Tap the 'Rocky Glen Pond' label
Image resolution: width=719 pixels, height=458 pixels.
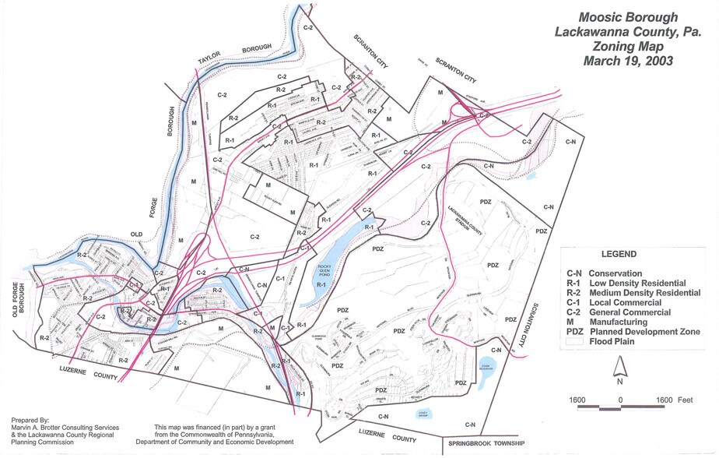click(325, 273)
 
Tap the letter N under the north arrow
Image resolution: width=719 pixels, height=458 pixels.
click(619, 382)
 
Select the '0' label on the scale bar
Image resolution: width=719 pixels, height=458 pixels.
click(620, 400)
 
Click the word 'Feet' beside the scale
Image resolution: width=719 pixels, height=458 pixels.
click(685, 400)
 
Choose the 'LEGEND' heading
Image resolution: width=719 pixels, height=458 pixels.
click(619, 255)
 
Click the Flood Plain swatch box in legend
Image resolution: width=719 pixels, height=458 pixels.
click(577, 341)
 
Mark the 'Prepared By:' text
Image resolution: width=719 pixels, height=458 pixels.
click(30, 419)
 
